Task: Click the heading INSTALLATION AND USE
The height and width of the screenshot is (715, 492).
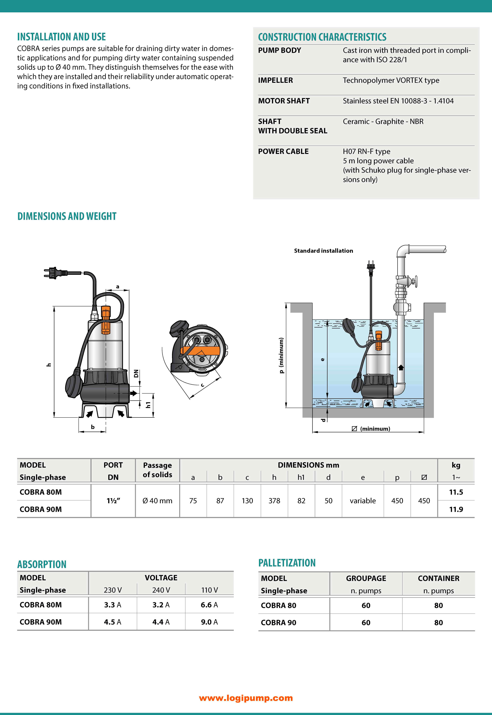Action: (x=61, y=37)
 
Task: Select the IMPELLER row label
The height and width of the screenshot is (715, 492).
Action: (x=275, y=80)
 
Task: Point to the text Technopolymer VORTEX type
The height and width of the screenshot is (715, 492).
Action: (x=391, y=80)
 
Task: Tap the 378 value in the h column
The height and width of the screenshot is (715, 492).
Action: (x=274, y=501)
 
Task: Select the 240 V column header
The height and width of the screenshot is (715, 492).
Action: (x=161, y=590)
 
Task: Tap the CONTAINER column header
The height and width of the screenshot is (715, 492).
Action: (x=438, y=578)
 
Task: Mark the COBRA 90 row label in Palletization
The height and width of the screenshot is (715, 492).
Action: (x=278, y=623)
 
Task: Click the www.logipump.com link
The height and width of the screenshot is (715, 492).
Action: (x=246, y=698)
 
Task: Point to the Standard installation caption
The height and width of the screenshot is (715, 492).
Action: (x=323, y=251)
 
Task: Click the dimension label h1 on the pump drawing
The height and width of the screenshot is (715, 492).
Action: (x=148, y=405)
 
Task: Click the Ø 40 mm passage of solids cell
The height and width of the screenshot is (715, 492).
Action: (x=157, y=501)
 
